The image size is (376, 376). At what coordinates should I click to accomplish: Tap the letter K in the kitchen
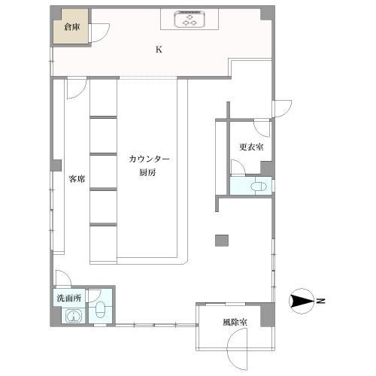click(x=158, y=50)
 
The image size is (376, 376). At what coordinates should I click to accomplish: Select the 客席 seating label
click(x=76, y=179)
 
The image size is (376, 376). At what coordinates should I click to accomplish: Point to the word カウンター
click(x=149, y=159)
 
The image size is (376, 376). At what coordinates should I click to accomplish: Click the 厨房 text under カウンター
click(x=148, y=172)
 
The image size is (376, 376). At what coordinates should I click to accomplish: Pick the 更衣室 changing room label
click(x=250, y=147)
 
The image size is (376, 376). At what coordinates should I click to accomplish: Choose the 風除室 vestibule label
click(x=235, y=322)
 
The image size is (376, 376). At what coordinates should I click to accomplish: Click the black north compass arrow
click(x=304, y=302)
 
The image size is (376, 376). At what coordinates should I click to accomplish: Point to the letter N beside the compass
click(x=321, y=302)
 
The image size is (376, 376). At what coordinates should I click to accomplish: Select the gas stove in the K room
click(x=190, y=20)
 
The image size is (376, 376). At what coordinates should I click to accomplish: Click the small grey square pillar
click(x=221, y=240)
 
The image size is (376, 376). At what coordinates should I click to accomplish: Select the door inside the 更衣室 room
click(x=261, y=128)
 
